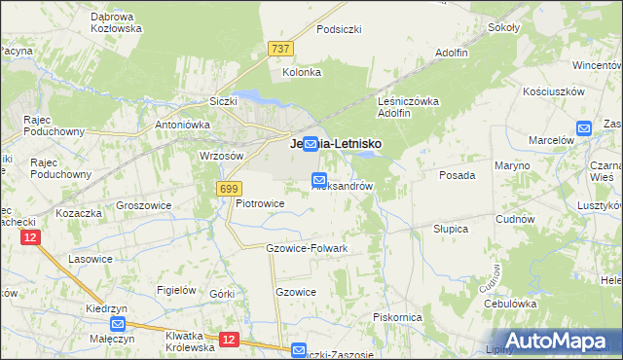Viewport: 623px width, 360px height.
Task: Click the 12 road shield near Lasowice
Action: coord(32,237)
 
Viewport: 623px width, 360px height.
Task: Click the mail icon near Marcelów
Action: coord(584,127)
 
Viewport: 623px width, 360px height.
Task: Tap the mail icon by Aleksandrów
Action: coord(319,179)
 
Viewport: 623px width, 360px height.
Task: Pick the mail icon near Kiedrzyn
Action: coord(118,325)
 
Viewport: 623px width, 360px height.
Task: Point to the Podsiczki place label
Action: coord(339,29)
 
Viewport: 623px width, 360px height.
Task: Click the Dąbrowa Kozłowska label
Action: coord(116,22)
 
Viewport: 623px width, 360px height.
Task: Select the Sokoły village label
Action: coord(503,27)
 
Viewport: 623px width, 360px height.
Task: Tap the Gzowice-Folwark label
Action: coord(307,248)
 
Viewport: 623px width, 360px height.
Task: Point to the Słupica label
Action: coord(451,229)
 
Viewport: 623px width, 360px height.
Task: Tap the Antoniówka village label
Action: coord(184,125)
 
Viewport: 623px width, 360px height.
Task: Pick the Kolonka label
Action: coord(302,72)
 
